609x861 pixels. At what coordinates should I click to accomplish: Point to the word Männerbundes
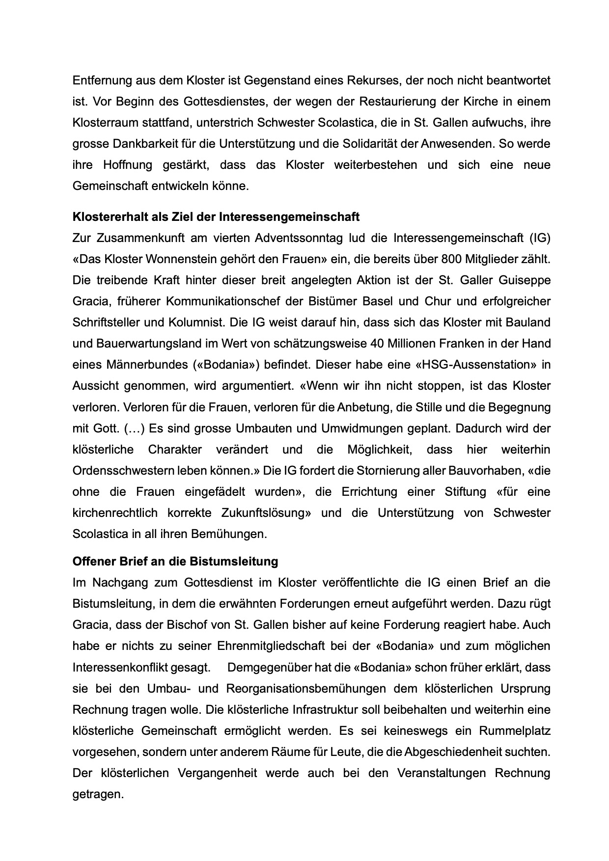pyautogui.click(x=141, y=365)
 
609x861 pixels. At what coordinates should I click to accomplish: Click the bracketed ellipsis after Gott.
pyautogui.click(x=133, y=429)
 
